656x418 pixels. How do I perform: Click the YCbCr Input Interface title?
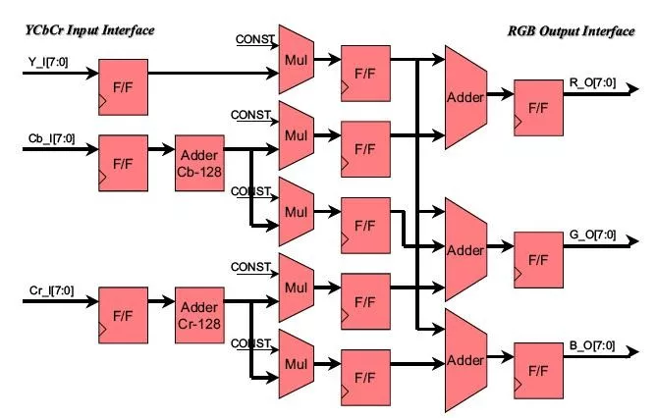(90, 30)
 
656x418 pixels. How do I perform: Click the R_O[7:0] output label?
(594, 82)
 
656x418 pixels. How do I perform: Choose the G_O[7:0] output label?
(594, 235)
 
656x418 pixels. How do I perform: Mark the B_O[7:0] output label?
(594, 345)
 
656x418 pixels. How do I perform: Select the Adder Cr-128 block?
(202, 313)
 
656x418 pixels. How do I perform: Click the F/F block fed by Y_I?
(123, 86)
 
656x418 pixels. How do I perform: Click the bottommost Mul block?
(295, 362)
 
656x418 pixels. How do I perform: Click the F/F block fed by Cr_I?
(123, 314)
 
